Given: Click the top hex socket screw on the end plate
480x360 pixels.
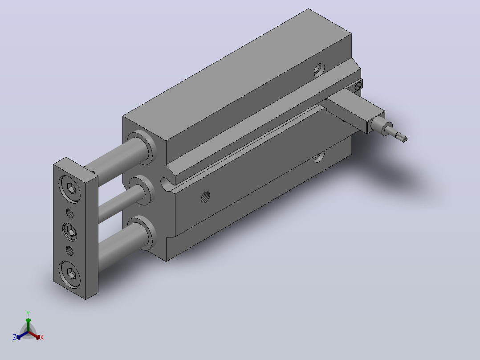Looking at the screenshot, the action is click(70, 189).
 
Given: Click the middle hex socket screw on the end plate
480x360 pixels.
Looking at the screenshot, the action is click(70, 232).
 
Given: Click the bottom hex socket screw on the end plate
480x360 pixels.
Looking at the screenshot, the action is click(70, 274).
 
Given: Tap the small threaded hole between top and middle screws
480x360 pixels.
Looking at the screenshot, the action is click(70, 213).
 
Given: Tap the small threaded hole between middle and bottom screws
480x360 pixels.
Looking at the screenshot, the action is click(70, 251).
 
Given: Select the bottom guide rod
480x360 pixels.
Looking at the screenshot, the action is click(122, 248).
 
